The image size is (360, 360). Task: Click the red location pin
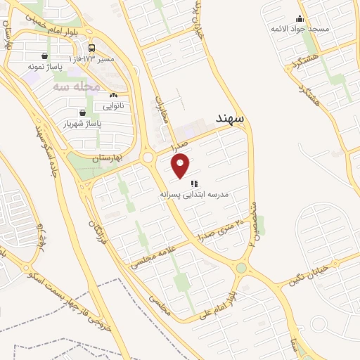pyautogui.click(x=181, y=165)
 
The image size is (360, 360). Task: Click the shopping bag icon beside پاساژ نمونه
pyautogui.click(x=46, y=56)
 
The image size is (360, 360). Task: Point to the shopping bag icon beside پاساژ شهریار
pyautogui.click(x=82, y=112)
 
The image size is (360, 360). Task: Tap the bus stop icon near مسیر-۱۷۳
pyautogui.click(x=93, y=49)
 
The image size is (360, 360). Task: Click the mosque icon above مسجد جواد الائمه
pyautogui.click(x=301, y=19)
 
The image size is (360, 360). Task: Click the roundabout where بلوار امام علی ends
pyautogui.click(x=243, y=267)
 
